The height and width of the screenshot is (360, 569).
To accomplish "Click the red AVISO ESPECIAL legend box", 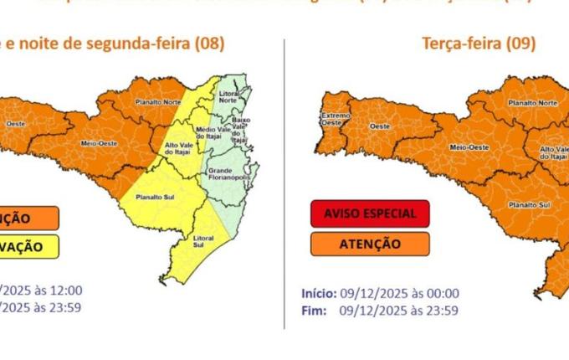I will [x=369, y=213].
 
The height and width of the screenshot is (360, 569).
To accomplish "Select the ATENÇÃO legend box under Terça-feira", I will [x=369, y=244].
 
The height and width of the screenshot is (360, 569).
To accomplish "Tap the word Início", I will [x=319, y=293].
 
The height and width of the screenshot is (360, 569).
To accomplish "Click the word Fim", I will [x=313, y=310].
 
